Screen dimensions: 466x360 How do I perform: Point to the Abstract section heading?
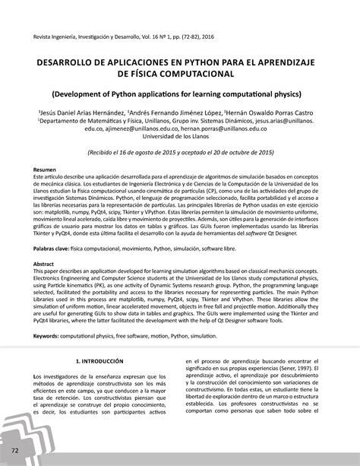click(x=43, y=262)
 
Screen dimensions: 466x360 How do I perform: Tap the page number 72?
click(x=16, y=449)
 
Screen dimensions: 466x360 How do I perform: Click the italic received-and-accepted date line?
click(x=179, y=153)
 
